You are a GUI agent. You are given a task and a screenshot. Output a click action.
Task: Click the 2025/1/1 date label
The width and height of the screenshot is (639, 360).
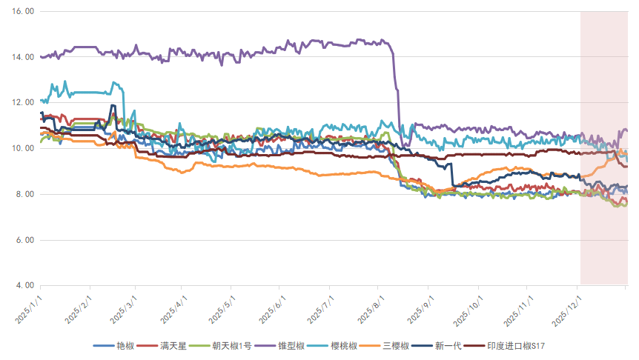coord(31,308)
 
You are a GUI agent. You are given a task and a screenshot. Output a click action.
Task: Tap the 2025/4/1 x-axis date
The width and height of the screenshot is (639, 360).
coord(176,308)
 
